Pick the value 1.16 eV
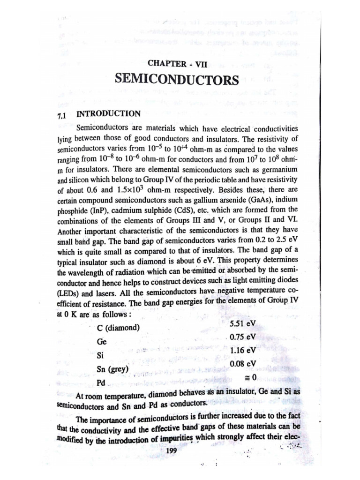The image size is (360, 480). click(243, 350)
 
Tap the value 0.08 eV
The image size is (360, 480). click(243, 363)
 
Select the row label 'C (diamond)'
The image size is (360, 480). click(118, 327)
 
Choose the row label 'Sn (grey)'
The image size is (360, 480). click(112, 369)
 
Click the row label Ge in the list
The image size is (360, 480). click(101, 342)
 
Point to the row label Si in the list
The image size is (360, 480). click(99, 355)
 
